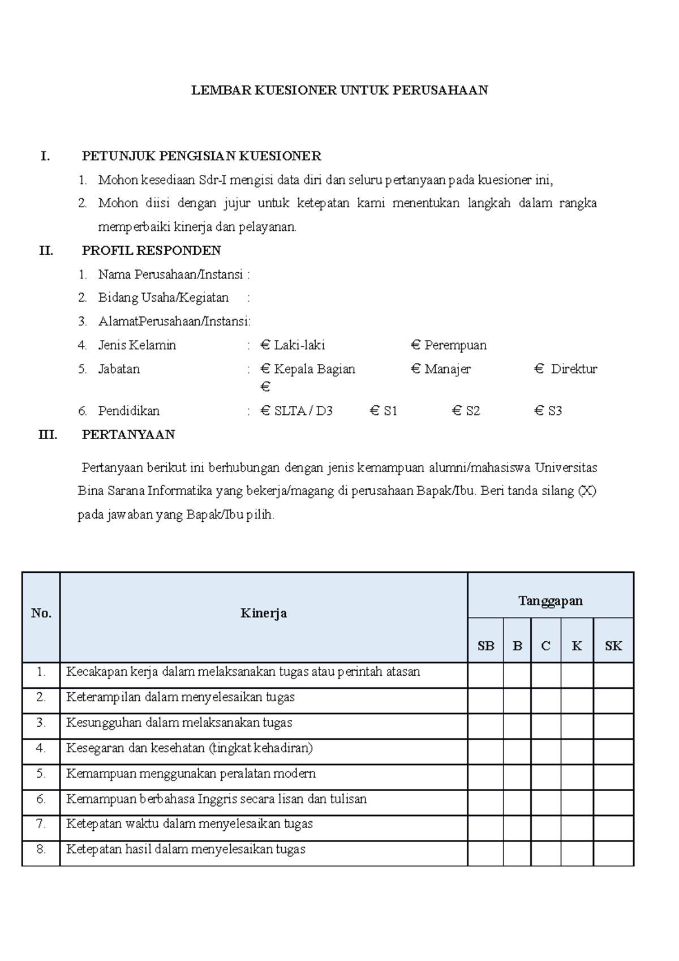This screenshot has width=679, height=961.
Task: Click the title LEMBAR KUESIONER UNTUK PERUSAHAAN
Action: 339,91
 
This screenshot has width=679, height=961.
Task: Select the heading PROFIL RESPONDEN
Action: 151,251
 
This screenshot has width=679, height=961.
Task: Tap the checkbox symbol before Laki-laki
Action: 265,345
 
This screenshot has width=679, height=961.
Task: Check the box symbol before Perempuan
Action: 416,345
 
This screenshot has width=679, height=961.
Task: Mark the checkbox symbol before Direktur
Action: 539,369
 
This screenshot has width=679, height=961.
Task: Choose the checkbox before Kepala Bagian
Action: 265,369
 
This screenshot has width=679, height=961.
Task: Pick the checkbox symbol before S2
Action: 457,411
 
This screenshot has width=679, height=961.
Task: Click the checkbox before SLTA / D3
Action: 265,411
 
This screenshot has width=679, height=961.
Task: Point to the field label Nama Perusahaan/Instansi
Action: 170,275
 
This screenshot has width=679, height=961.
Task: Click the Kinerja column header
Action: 263,614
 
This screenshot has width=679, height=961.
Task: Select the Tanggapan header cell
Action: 550,600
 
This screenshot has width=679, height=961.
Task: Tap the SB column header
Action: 485,646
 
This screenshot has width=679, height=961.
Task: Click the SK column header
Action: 613,646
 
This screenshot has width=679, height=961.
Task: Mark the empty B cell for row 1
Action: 517,675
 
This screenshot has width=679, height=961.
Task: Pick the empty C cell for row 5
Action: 545,776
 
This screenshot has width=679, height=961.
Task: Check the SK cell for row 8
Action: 613,853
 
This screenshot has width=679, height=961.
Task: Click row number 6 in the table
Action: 41,799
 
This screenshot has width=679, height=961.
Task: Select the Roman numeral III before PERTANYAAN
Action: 48,435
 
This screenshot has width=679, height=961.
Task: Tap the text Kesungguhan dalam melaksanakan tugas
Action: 179,723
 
